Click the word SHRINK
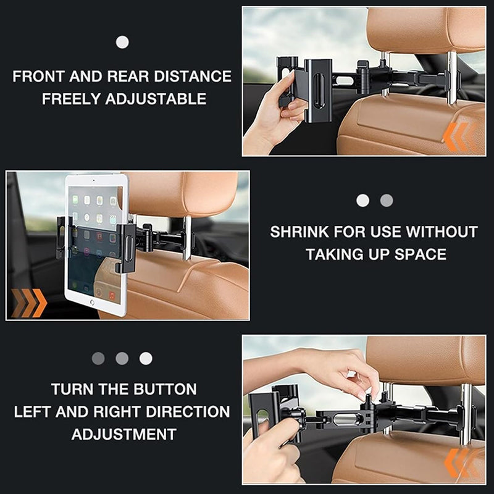pyautogui.click(x=299, y=233)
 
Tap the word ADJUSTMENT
pyautogui.click(x=124, y=434)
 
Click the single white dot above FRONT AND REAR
pyautogui.click(x=122, y=42)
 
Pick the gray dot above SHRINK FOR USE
pyautogui.click(x=387, y=200)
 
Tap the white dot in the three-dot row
pyautogui.click(x=146, y=358)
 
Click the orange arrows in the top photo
pyautogui.click(x=459, y=136)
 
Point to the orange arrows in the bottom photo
pyautogui.click(x=460, y=463)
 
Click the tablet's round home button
pyautogui.click(x=93, y=303)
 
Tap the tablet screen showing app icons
pyautogui.click(x=94, y=241)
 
